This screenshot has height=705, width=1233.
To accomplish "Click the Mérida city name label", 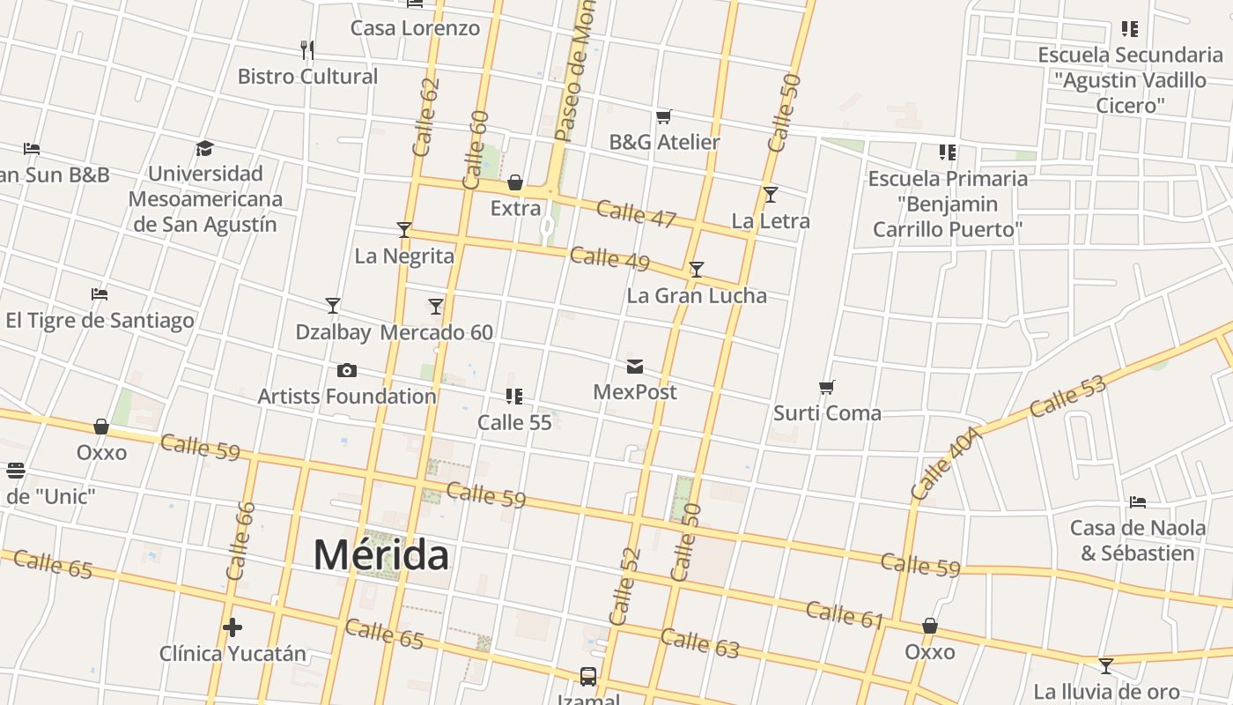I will click(380, 555).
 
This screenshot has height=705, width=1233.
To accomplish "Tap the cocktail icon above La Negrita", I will click(404, 230).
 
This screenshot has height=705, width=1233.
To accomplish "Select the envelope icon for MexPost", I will click(635, 367).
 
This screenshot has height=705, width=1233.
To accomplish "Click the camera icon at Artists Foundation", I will click(347, 370).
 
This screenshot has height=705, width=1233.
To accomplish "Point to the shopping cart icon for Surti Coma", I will click(826, 388).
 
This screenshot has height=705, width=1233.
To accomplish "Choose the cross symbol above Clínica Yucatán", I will click(233, 627).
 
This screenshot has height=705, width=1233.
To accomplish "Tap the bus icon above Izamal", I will click(588, 676).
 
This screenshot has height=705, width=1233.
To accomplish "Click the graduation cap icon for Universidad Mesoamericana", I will click(205, 148).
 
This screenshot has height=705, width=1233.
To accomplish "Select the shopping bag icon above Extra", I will click(515, 183).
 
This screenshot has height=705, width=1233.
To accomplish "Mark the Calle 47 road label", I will click(636, 213).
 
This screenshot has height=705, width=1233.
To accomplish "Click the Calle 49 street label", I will click(609, 259).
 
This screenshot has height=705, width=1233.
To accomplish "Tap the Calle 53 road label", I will click(1067, 397).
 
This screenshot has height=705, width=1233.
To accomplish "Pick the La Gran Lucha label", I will click(697, 295).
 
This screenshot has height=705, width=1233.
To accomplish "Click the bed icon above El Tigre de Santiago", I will click(100, 293).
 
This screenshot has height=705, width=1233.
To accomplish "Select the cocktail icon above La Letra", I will click(771, 195).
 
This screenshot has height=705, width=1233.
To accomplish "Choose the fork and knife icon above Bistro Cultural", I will click(307, 49).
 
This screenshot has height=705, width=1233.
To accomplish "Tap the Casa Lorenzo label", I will click(416, 28).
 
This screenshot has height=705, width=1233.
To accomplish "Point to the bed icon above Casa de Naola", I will click(1138, 502).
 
